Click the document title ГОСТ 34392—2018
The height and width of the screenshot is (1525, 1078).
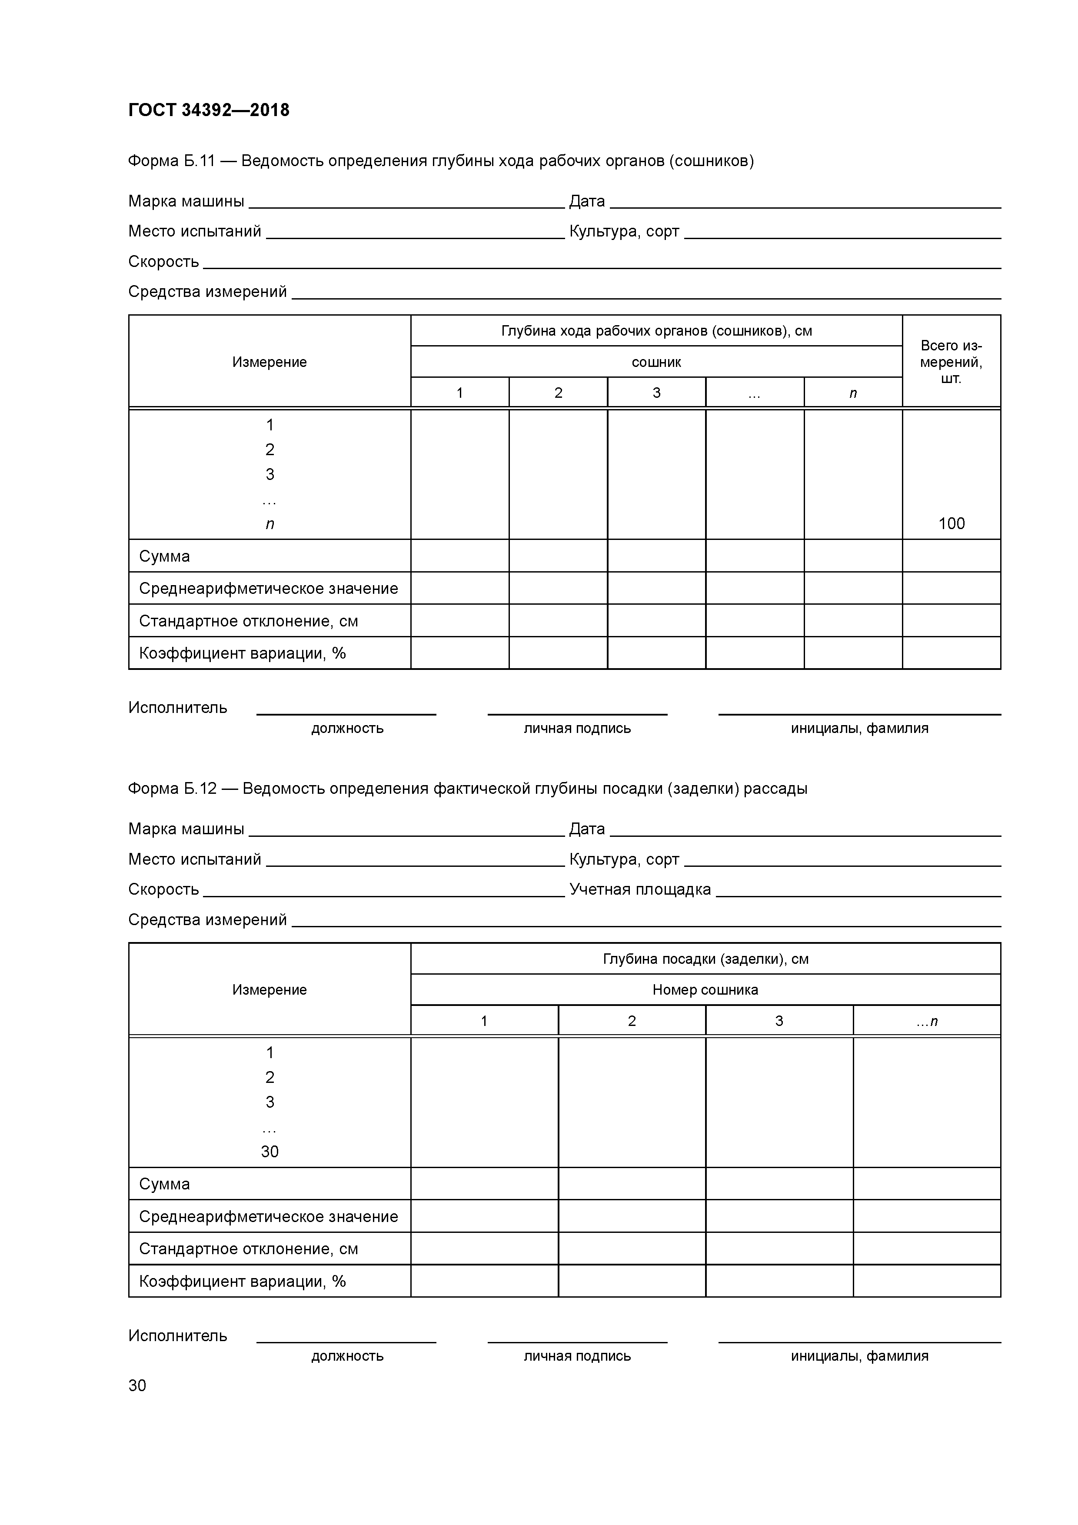(209, 110)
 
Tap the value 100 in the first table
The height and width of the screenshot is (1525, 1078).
(951, 523)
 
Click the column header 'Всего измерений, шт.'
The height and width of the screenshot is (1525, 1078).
(951, 362)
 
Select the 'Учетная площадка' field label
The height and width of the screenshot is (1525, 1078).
(639, 889)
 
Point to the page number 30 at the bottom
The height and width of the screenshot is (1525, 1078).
(137, 1385)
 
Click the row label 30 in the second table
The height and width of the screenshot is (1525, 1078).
(269, 1152)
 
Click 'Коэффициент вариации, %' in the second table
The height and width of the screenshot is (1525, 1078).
(243, 1281)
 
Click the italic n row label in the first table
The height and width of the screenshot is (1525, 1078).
(269, 524)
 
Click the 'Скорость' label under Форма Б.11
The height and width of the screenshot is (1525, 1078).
(163, 262)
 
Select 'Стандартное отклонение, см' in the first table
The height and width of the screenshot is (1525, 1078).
(248, 621)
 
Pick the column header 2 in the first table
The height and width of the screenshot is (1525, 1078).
(558, 393)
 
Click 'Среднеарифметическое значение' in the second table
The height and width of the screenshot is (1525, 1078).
(268, 1217)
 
